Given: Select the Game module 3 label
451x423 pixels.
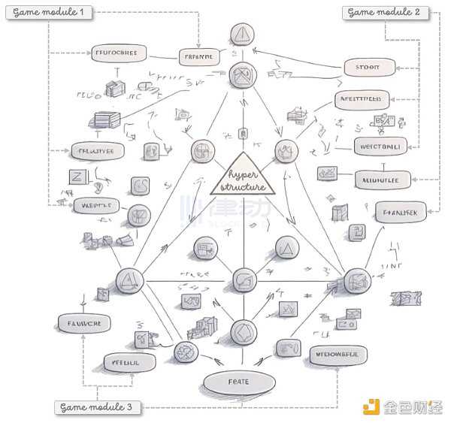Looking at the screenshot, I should pyautogui.click(x=96, y=407).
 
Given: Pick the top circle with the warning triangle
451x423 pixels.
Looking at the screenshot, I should pyautogui.click(x=242, y=34).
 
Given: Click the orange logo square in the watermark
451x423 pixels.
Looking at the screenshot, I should pyautogui.click(x=370, y=407).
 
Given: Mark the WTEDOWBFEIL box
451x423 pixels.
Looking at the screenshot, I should pyautogui.click(x=337, y=353).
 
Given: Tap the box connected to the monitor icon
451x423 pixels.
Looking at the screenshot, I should pyautogui.click(x=380, y=179).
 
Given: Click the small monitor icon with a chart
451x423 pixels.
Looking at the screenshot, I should pyautogui.click(x=327, y=174).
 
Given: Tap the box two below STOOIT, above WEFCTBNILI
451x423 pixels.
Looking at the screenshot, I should pyautogui.click(x=362, y=98).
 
